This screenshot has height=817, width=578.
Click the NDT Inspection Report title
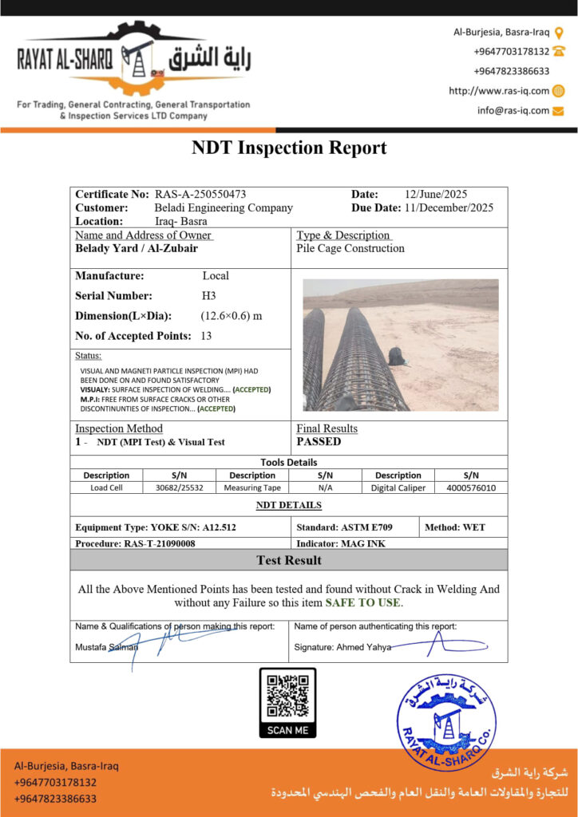pyautogui.click(x=289, y=148)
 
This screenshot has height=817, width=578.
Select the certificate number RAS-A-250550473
pyautogui.click(x=200, y=194)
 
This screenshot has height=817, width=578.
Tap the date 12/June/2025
pyautogui.click(x=436, y=194)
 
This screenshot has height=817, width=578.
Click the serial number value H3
pyautogui.click(x=208, y=295)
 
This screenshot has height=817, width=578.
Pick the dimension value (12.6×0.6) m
pyautogui.click(x=232, y=315)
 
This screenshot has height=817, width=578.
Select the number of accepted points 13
pyautogui.click(x=206, y=336)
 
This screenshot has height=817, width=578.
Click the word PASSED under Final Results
pyautogui.click(x=319, y=441)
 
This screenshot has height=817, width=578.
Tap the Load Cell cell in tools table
pyautogui.click(x=106, y=487)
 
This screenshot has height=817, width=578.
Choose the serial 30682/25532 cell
pyautogui.click(x=180, y=487)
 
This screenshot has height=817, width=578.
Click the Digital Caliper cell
pyautogui.click(x=398, y=487)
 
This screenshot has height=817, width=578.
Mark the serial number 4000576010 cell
pyautogui.click(x=471, y=487)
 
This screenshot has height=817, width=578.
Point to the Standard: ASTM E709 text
pyautogui.click(x=355, y=527)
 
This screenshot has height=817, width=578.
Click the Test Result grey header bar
pyautogui.click(x=289, y=560)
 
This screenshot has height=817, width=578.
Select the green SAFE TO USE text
pyautogui.click(x=363, y=602)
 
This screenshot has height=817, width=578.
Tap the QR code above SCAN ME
pyautogui.click(x=287, y=696)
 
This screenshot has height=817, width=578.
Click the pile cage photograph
pyautogui.click(x=400, y=345)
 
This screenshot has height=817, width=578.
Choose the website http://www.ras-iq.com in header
pyautogui.click(x=499, y=91)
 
